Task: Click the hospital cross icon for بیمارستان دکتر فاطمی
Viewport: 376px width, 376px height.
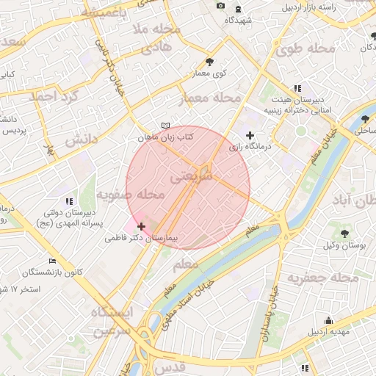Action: point(141,226)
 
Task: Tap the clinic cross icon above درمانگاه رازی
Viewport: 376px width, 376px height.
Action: point(250,135)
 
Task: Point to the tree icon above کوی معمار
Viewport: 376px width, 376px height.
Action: point(210,62)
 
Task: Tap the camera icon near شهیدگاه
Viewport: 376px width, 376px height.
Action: point(220,7)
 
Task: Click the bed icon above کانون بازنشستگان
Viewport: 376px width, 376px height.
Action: point(51,261)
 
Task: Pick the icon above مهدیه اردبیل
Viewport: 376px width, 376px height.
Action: point(328,320)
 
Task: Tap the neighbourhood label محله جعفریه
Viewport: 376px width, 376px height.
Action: point(323,278)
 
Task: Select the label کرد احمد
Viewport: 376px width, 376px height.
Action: point(54,97)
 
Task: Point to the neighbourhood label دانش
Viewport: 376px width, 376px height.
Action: point(82,140)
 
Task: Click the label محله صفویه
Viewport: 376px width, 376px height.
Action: point(129,195)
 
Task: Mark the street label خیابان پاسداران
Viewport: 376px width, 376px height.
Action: point(268,317)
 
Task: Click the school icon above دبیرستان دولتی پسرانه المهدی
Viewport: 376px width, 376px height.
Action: point(68,200)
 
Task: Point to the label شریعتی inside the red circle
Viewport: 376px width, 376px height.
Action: point(192,177)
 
